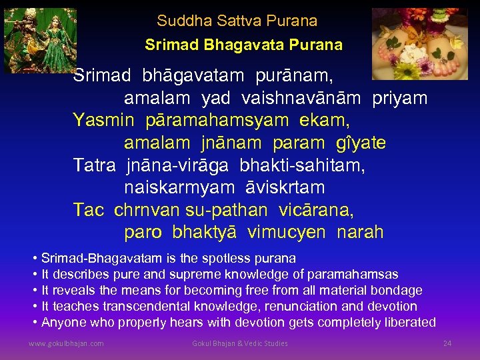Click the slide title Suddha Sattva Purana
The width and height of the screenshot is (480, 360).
pos(237,21)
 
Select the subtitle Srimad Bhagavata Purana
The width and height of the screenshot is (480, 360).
pos(243,45)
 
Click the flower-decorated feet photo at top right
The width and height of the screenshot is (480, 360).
pos(419,43)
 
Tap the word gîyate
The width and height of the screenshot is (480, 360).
pos(355,143)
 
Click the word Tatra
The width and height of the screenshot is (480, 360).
pos(94,165)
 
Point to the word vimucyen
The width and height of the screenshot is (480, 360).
pos(287,233)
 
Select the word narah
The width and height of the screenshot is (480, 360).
pos(360,233)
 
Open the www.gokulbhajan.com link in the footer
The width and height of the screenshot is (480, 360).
pos(66,343)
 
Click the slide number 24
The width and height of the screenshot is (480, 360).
pos(447,343)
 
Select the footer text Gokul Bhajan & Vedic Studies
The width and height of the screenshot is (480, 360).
pos(239,343)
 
